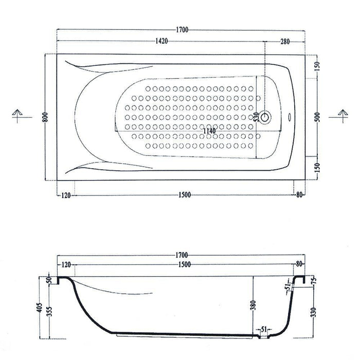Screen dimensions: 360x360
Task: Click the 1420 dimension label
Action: click(161, 41)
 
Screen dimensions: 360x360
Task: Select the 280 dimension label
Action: click(285, 42)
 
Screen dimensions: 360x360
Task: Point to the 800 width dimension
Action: click(46, 117)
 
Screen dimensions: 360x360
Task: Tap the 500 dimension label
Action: click(317, 117)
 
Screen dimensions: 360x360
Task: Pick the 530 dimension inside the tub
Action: click(257, 117)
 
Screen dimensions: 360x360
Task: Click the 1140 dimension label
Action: click(209, 131)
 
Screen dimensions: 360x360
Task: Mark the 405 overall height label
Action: click(40, 307)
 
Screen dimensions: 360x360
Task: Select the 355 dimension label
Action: click(50, 311)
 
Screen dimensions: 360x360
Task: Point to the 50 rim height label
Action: click(49, 281)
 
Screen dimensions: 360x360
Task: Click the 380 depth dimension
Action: click(253, 305)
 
